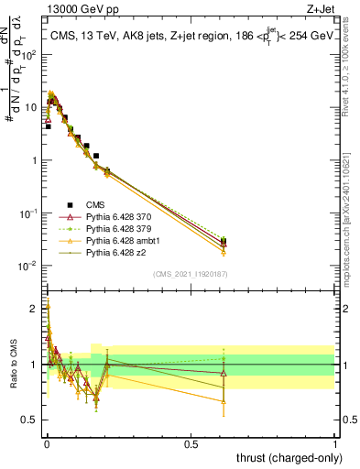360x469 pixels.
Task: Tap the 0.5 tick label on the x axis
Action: point(191,443)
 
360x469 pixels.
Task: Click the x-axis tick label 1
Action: point(335,443)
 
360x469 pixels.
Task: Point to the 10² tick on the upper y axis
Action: point(31,54)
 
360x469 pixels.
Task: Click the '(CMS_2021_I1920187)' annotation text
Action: point(190,273)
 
